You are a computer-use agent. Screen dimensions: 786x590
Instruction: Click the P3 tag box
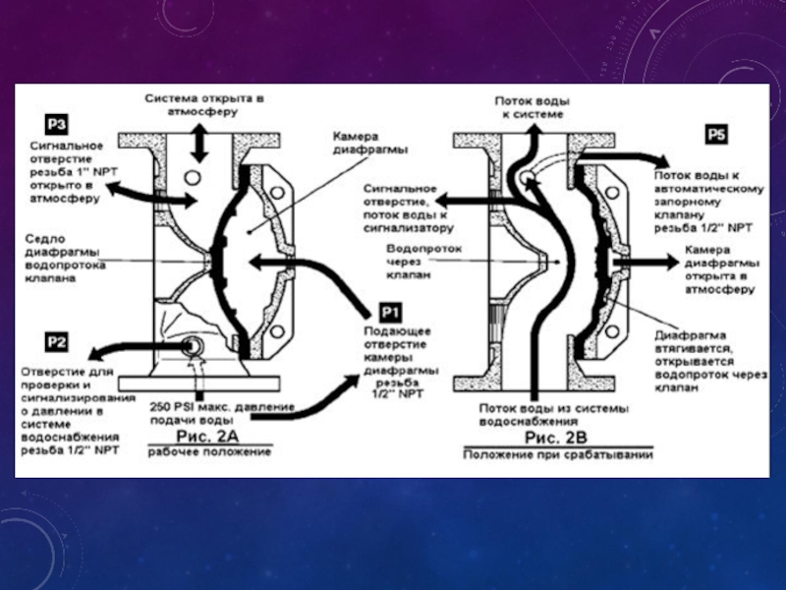coord(56,124)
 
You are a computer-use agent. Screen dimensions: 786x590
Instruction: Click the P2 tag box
coord(56,343)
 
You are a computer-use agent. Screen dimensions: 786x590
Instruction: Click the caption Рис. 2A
coord(210,434)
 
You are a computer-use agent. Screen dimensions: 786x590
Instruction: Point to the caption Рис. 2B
coord(556,436)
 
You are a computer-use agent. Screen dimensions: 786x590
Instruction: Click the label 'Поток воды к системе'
coord(531,107)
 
